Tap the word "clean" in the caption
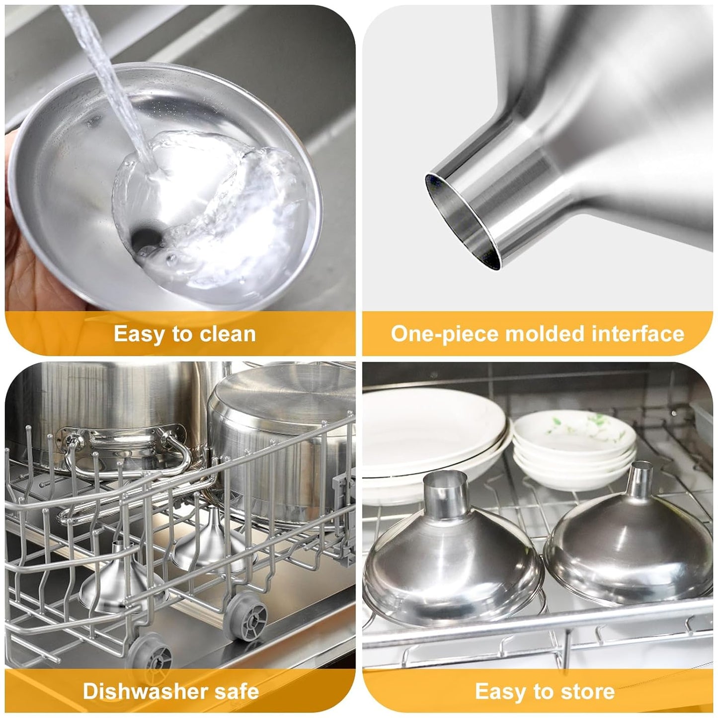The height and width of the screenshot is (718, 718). coord(228,334)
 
